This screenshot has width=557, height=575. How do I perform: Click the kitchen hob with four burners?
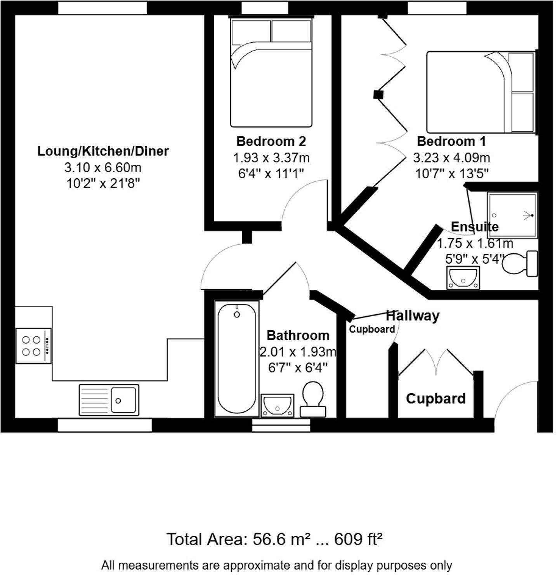click(x=33, y=346)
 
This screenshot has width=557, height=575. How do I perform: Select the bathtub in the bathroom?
click(x=237, y=358)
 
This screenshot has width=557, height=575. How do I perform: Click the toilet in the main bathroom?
click(x=313, y=399)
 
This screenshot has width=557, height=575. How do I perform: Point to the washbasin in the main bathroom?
click(x=277, y=405)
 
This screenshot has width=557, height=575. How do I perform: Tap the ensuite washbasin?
click(x=463, y=278)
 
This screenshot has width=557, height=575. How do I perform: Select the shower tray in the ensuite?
click(x=512, y=215)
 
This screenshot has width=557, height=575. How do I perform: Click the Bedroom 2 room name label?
click(x=271, y=141)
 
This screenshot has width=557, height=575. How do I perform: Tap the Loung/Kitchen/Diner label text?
click(x=103, y=151)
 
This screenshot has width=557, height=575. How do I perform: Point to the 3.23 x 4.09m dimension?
click(x=451, y=158)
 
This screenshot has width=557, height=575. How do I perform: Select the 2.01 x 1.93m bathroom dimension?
click(x=298, y=352)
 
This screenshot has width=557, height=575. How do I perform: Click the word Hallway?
click(x=413, y=315)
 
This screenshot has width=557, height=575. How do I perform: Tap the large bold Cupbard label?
click(x=436, y=399)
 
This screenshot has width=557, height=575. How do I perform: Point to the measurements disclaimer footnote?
click(x=276, y=565)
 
